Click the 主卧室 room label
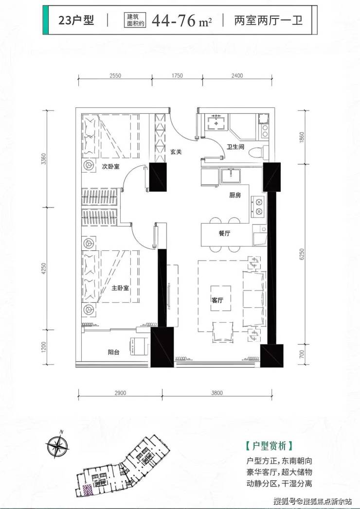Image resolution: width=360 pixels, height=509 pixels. click(120, 288)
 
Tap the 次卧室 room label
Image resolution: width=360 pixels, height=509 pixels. click(111, 167)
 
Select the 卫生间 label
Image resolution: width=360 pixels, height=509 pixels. click(235, 147)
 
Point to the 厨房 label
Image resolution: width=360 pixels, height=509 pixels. click(235, 195)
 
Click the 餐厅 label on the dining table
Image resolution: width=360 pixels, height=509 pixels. click(224, 233)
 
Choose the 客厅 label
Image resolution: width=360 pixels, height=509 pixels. click(217, 300)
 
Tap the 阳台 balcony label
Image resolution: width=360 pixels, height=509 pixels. click(113, 352)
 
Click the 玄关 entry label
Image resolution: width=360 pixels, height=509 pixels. click(176, 152)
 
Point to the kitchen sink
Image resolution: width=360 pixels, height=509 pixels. click(231, 176)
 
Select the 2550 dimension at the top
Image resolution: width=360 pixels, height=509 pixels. click(115, 76)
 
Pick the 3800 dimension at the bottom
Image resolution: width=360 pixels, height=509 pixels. click(217, 393)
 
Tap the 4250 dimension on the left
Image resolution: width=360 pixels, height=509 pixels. click(44, 268)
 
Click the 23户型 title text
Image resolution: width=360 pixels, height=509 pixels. click(76, 20)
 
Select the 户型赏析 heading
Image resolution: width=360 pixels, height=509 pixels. click(270, 446)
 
